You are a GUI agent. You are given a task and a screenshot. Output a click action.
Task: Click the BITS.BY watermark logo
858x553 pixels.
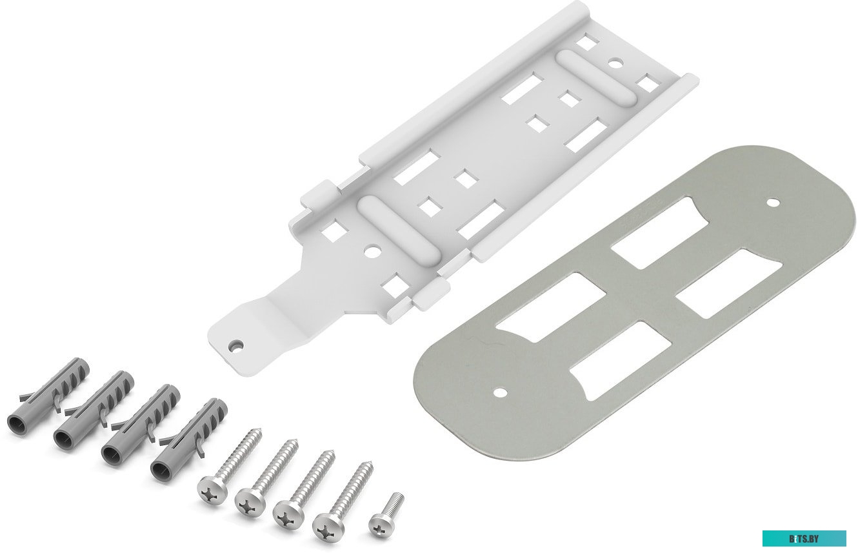pyautogui.click(x=804, y=538)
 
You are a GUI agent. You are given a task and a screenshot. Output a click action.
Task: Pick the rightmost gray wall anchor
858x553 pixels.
pyautogui.click(x=188, y=439)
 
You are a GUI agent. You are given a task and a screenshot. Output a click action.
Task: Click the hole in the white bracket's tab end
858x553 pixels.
pyautogui.click(x=236, y=346)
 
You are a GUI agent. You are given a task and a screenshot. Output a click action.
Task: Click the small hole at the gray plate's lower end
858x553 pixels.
pyautogui.click(x=500, y=392)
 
